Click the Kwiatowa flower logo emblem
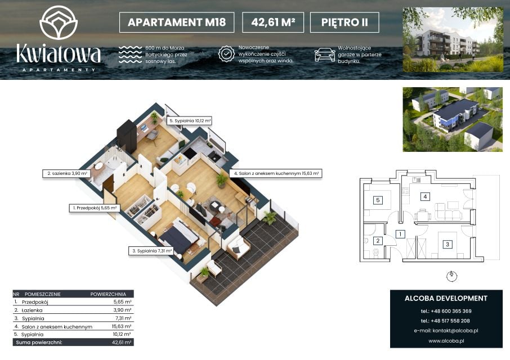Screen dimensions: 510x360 pyautogui.click(x=59, y=22)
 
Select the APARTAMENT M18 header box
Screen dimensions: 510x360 pyautogui.click(x=177, y=22)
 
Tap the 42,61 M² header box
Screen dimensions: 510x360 pyautogui.click(x=273, y=22)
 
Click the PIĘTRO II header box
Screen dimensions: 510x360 pyautogui.click(x=345, y=22)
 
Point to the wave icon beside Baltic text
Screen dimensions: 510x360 pyautogui.click(x=130, y=54)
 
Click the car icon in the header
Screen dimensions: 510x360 pyautogui.click(x=325, y=55)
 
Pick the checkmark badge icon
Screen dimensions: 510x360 pyautogui.click(x=226, y=53)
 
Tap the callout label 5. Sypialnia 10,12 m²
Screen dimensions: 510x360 pyautogui.click(x=190, y=121)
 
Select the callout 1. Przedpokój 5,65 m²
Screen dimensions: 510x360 pyautogui.click(x=95, y=208)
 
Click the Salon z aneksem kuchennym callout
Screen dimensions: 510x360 pyautogui.click(x=276, y=173)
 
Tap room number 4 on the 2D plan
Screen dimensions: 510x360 pyautogui.click(x=425, y=196)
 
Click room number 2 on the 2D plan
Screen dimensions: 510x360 pyautogui.click(x=378, y=241)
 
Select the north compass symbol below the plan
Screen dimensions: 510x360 pyautogui.click(x=451, y=277)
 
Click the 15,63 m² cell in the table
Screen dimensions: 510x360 pyautogui.click(x=122, y=326)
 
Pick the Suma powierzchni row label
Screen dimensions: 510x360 pyautogui.click(x=39, y=343)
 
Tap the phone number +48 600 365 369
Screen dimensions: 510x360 pyautogui.click(x=451, y=311)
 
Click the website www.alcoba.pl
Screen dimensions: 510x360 pyautogui.click(x=446, y=341)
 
